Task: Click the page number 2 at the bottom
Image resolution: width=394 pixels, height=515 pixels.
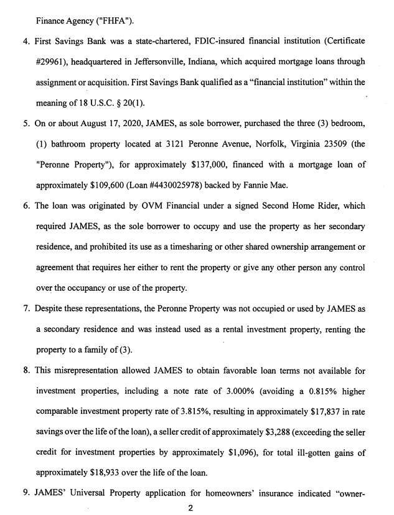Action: pyautogui.click(x=191, y=508)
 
